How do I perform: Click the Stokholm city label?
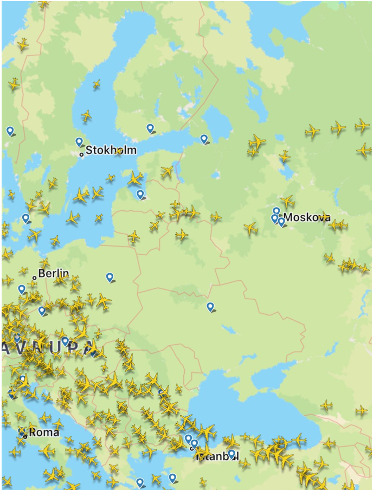111,150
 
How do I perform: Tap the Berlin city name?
53,274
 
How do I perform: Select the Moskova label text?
307,217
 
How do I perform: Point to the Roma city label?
44,433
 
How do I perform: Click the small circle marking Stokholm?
82,154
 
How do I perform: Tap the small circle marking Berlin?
34,278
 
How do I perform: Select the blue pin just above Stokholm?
79,142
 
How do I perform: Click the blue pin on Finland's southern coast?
150,128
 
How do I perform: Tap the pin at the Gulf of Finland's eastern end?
204,139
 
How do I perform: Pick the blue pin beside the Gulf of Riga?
140,194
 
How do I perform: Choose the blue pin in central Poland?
110,277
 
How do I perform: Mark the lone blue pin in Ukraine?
210,307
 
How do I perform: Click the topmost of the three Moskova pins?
276,211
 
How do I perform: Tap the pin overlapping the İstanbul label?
231,454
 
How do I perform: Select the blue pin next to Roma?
22,432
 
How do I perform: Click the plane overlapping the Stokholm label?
119,151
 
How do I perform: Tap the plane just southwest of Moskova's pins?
250,228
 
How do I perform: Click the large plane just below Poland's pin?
103,301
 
